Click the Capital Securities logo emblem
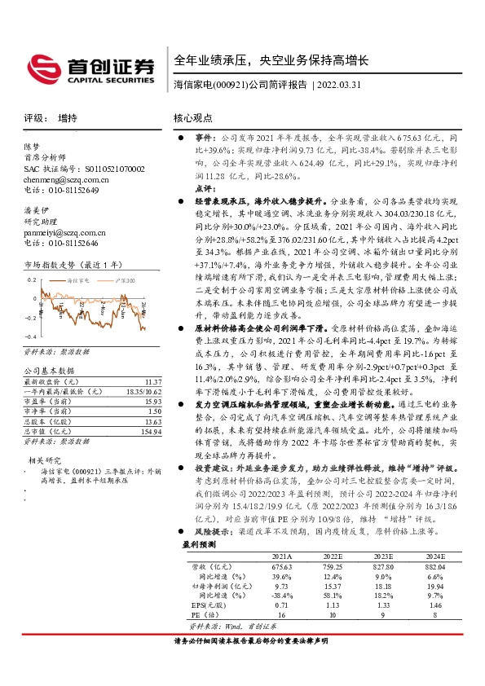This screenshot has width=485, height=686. point(42,67)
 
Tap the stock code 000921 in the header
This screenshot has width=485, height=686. point(230,84)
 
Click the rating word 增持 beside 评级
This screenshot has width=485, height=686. point(68,118)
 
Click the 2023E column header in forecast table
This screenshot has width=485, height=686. point(385,555)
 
